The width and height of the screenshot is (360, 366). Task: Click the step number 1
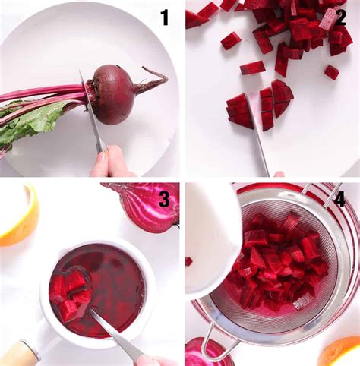point(164,17)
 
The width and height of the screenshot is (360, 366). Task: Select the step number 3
point(164,200)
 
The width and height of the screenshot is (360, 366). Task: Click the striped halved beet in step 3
point(146,206)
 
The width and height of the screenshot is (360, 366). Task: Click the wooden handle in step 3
point(18,353)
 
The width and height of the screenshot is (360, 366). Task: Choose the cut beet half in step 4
point(207,353)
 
